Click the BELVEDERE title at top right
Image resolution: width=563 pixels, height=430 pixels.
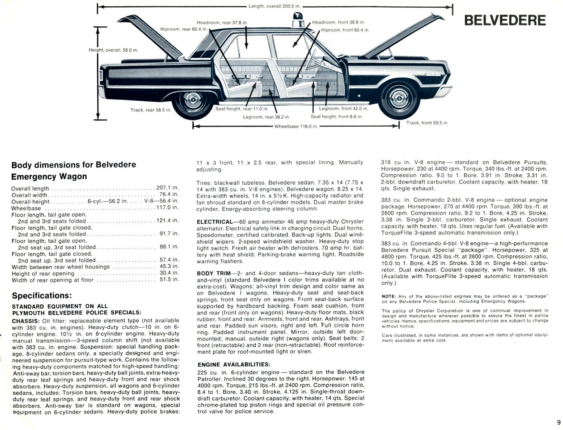click(x=505, y=20)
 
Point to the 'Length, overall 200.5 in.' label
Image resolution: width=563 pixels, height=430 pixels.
click(x=274, y=6)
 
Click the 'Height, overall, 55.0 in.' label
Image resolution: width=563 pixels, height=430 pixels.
click(x=113, y=50)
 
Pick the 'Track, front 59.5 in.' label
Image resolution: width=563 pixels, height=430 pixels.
click(x=427, y=123)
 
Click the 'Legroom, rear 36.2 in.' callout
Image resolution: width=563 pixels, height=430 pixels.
click(x=266, y=117)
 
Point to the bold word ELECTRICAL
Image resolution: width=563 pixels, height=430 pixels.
click(x=214, y=222)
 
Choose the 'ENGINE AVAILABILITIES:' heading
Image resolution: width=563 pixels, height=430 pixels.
click(x=234, y=365)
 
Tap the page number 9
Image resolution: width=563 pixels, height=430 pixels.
click(x=558, y=423)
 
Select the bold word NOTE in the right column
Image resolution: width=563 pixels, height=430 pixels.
click(x=388, y=296)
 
